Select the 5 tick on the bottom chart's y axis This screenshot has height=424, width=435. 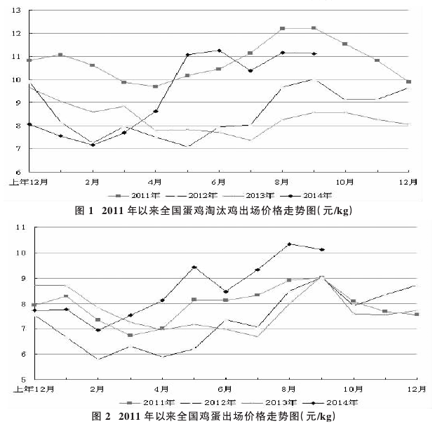point(22,380)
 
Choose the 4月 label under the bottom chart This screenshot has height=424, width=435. point(161,388)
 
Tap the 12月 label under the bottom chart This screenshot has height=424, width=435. point(416,388)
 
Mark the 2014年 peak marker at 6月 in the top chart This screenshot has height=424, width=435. point(220,51)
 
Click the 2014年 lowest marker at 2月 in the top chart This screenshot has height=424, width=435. point(92,145)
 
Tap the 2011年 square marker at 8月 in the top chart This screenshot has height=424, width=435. point(282,29)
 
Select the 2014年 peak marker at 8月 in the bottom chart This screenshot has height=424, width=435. point(289,244)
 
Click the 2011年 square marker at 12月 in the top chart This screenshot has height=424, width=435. point(409,82)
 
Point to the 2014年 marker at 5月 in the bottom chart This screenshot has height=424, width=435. point(194,267)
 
